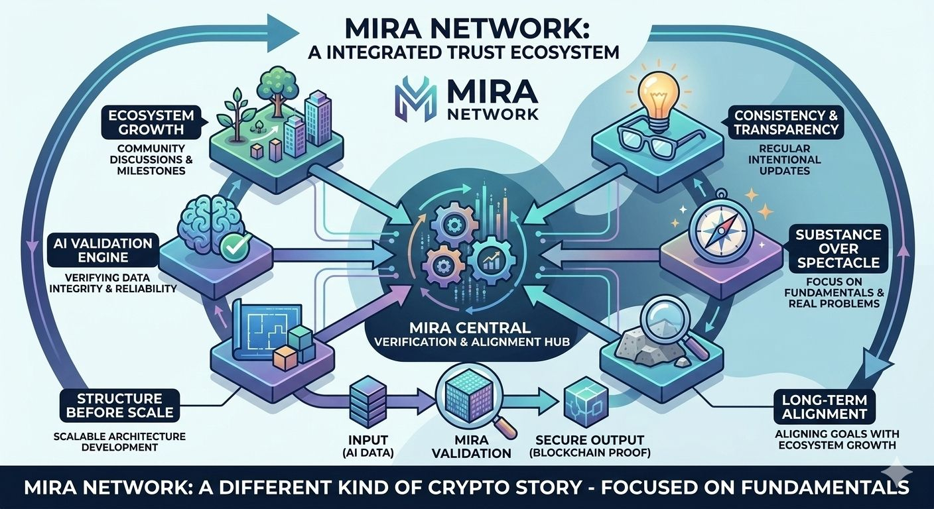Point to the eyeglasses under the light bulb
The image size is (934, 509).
point(654,139)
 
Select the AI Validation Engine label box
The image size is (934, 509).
point(101,251)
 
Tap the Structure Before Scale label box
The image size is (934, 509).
point(119,405)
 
